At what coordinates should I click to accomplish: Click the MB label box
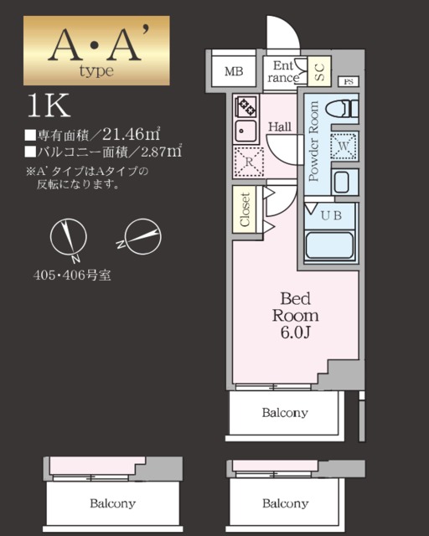click(x=233, y=71)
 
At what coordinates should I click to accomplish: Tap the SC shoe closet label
click(x=320, y=72)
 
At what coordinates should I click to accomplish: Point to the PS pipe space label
click(x=349, y=81)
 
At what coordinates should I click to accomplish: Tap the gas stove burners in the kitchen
click(x=248, y=106)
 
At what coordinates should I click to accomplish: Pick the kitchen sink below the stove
click(x=247, y=130)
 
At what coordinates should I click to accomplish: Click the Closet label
click(x=246, y=210)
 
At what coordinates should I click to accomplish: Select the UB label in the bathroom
click(x=333, y=214)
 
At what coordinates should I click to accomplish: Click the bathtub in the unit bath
click(x=329, y=245)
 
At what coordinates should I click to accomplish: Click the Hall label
click(x=279, y=126)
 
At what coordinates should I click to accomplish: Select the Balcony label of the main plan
click(x=284, y=413)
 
